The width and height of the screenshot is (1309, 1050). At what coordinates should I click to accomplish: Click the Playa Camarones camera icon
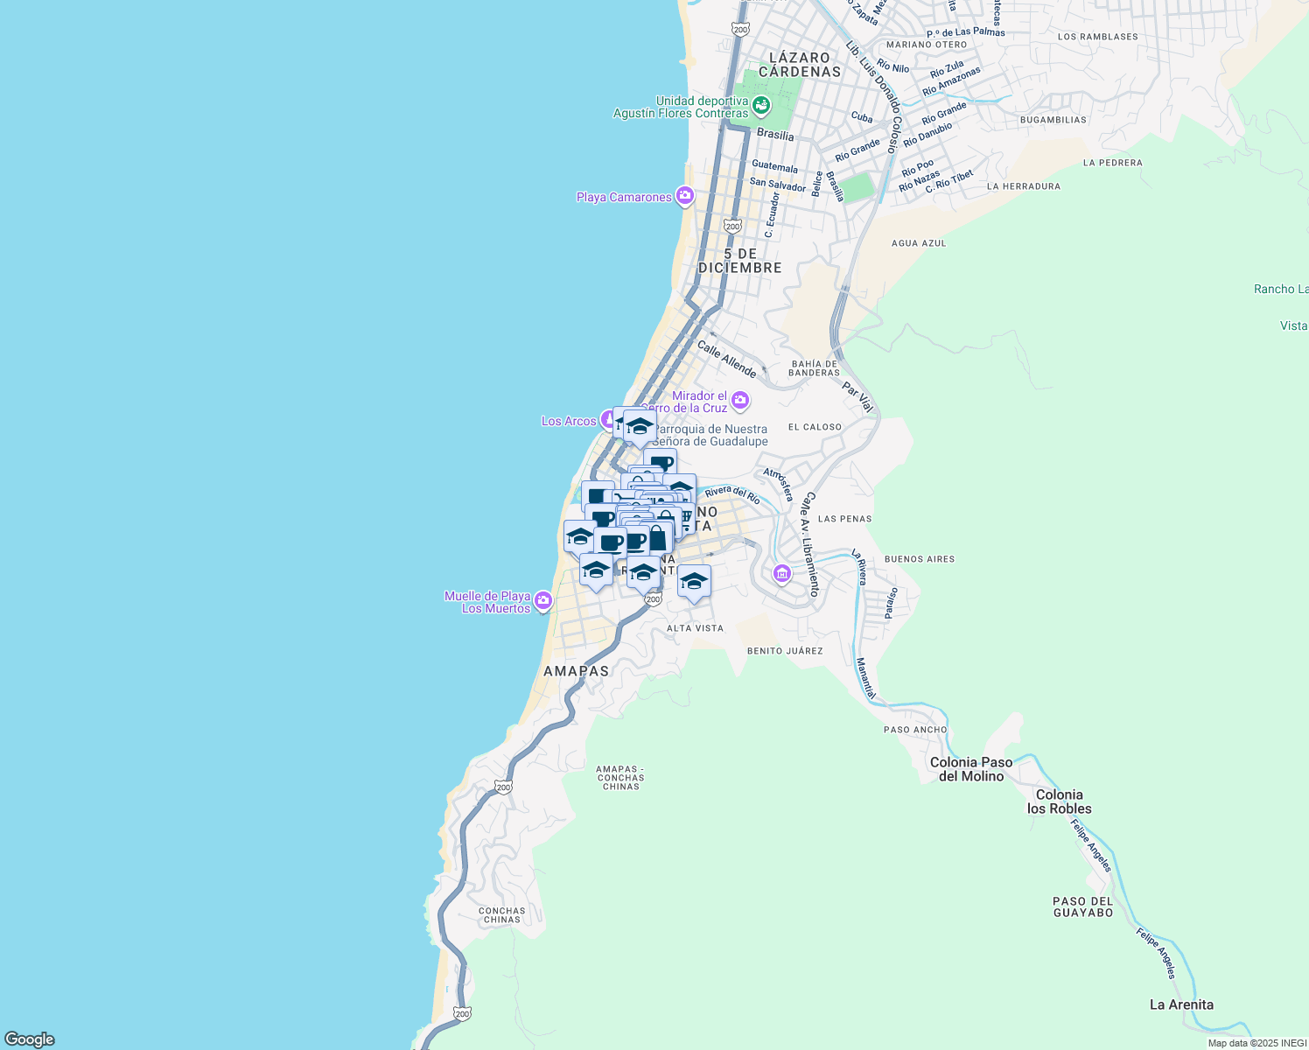[685, 197]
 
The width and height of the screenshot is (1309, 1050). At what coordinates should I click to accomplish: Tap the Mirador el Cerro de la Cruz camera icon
[740, 401]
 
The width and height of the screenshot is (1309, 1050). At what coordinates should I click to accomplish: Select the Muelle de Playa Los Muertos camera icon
[543, 600]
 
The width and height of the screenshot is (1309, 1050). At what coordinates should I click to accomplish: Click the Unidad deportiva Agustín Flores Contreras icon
[761, 107]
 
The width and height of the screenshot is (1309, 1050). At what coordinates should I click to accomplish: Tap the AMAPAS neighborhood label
[576, 671]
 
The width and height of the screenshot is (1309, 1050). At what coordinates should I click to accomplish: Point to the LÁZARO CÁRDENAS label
[800, 65]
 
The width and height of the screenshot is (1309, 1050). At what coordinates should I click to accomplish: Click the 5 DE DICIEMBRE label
[740, 261]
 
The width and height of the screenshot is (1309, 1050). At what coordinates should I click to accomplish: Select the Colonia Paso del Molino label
[971, 769]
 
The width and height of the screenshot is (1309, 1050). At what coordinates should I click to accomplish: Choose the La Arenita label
[1181, 1004]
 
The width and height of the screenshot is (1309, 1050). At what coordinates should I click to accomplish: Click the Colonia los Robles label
[1059, 801]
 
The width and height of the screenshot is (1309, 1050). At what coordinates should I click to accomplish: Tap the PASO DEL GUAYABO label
[1082, 906]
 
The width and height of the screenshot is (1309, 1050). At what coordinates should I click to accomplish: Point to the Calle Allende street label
[726, 359]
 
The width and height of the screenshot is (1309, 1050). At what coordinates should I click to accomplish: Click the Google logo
[30, 1039]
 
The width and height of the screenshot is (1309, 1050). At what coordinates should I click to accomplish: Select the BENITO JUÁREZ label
[785, 651]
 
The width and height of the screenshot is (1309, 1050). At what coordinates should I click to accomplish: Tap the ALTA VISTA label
[695, 628]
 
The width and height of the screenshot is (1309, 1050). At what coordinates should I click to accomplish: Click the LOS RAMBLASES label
[1098, 37]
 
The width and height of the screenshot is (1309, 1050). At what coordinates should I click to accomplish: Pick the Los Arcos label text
[569, 421]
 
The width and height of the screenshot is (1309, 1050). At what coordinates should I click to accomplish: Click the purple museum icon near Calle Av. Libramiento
[782, 574]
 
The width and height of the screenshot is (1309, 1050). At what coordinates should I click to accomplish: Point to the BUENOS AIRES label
[920, 559]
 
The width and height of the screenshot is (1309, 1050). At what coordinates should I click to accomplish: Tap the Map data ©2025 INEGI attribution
[1256, 1043]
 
